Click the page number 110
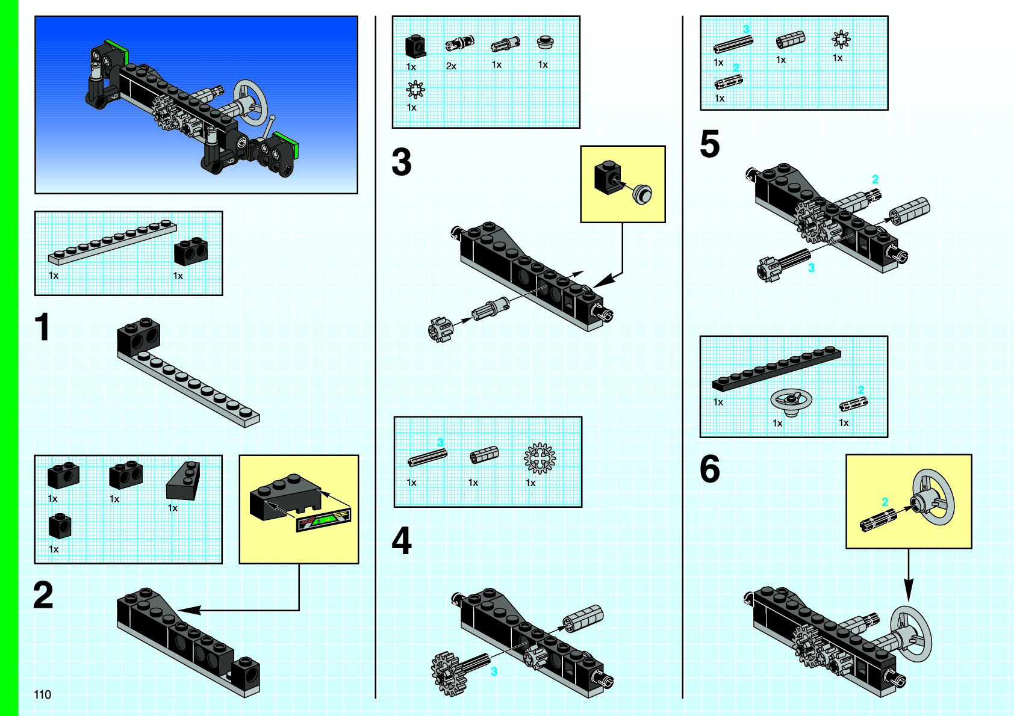tap(42, 694)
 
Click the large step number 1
tap(42, 327)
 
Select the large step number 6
tap(710, 469)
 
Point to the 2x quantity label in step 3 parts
tap(451, 66)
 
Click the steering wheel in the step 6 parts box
tap(791, 400)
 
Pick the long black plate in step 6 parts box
tap(776, 369)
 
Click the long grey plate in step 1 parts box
tap(113, 242)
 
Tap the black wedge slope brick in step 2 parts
tap(183, 481)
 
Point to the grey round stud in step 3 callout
tap(643, 194)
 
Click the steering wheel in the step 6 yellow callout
tap(934, 496)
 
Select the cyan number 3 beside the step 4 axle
tap(494, 671)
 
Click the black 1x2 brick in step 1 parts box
tap(191, 252)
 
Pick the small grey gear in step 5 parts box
tap(841, 40)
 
